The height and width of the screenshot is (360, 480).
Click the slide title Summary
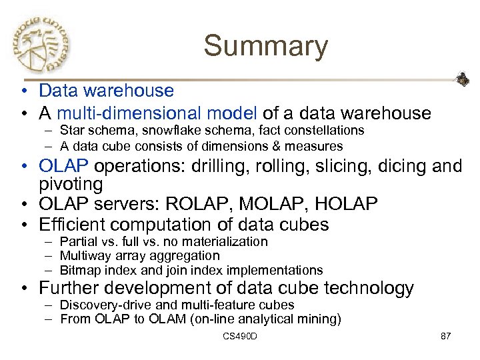[x=265, y=47]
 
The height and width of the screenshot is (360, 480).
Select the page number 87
[x=446, y=335]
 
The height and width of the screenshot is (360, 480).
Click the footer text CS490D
[x=240, y=335]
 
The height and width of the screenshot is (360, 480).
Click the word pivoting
[x=71, y=185]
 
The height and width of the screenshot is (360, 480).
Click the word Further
[x=70, y=289]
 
